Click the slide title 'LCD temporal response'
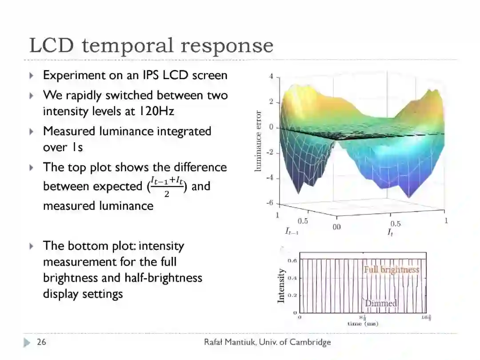click(x=151, y=45)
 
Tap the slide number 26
click(x=41, y=342)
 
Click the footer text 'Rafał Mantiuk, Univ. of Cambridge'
click(x=267, y=342)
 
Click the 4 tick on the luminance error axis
click(x=271, y=77)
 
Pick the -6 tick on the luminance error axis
click(x=270, y=204)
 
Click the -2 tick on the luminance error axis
click(x=270, y=153)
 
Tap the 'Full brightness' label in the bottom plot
click(x=391, y=269)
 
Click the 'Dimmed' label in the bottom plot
click(x=381, y=303)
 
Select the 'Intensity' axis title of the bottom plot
click(x=281, y=286)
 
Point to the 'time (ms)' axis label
click(x=363, y=324)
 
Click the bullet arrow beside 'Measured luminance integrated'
click(x=32, y=132)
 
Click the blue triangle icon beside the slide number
click(x=28, y=342)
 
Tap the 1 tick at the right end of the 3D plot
click(x=446, y=220)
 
